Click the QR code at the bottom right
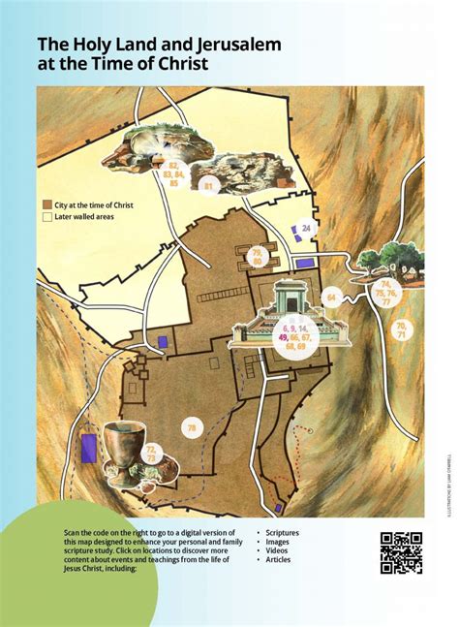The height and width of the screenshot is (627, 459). coord(400,553)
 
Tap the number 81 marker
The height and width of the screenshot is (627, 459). coord(207,184)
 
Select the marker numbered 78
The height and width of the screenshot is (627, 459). coord(191,427)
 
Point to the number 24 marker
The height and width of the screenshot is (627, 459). coord(306,229)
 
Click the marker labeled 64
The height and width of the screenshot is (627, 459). coord(332,298)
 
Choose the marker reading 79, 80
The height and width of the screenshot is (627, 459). coord(258,256)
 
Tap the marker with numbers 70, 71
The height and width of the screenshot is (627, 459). coord(400,331)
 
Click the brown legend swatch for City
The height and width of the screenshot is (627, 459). coord(46,205)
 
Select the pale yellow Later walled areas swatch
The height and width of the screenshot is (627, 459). coord(46,218)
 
